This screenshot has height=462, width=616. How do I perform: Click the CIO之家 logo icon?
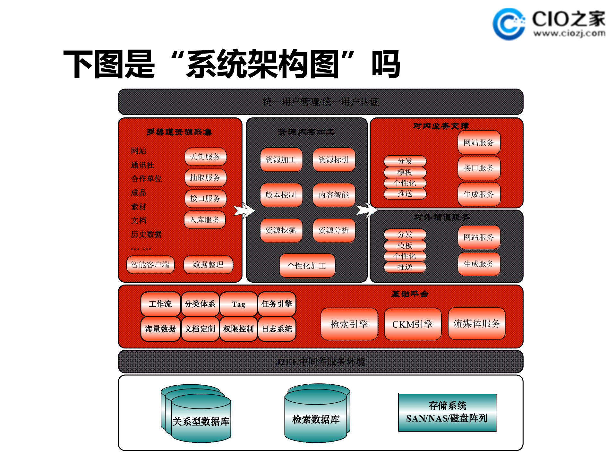pos(509,24)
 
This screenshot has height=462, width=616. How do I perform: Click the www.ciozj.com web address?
pos(569,33)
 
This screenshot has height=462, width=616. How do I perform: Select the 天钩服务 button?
pos(205,157)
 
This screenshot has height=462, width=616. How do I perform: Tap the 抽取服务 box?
pos(205,178)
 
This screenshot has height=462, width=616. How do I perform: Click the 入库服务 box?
pos(205,220)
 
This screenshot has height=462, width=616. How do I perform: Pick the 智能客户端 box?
pos(150,265)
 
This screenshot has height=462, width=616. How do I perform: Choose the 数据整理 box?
pos(208,265)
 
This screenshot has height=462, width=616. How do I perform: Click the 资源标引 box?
pos(334,160)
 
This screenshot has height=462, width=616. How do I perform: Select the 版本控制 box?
pos(281,195)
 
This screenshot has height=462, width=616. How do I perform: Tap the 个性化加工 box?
pos(307,266)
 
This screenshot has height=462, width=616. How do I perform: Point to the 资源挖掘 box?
pos(281,230)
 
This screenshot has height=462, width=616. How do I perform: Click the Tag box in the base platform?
pos(238,304)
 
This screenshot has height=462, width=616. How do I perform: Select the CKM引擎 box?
pos(413,324)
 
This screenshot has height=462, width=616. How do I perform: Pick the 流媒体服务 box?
pos(476,324)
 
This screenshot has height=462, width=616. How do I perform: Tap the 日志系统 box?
pos(277,329)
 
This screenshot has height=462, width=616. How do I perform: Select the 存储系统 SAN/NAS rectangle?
pos(447,412)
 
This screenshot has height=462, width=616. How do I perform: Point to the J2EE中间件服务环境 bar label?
pos(320,362)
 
